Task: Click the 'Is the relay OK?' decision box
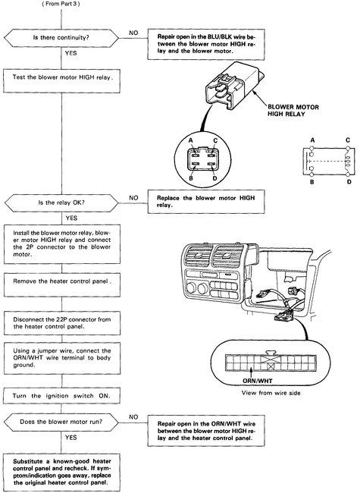pyautogui.click(x=61, y=203)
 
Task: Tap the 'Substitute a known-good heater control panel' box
pyautogui.click(x=61, y=469)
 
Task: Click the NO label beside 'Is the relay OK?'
pyautogui.click(x=133, y=196)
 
